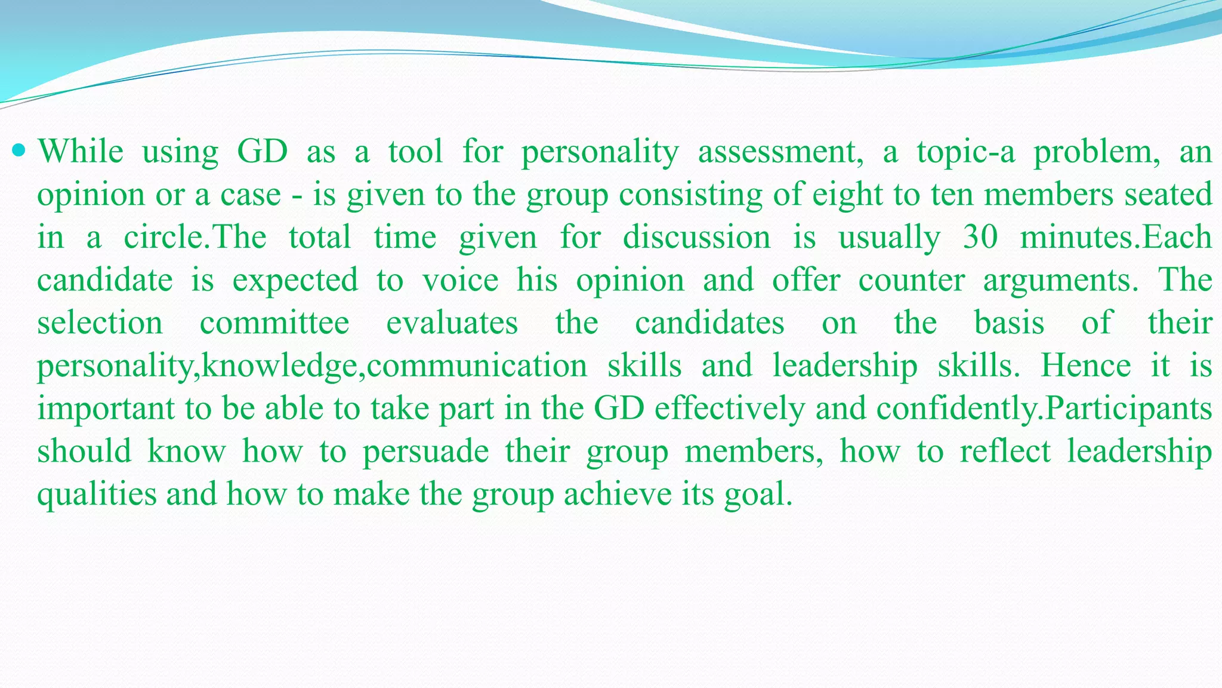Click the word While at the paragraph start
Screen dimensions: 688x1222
pyautogui.click(x=81, y=151)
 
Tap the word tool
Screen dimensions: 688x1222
pyautogui.click(x=416, y=151)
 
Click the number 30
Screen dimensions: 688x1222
pyautogui.click(x=980, y=237)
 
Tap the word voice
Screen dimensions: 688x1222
pyautogui.click(x=460, y=280)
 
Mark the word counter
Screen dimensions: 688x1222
pyautogui.click(x=911, y=280)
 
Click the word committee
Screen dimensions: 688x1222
pyautogui.click(x=274, y=323)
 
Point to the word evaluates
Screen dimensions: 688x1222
pyautogui.click(x=452, y=323)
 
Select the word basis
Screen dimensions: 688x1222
pyautogui.click(x=1009, y=323)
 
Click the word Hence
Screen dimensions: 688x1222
pyautogui.click(x=1085, y=365)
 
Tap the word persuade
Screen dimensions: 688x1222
pyautogui.click(x=425, y=452)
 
